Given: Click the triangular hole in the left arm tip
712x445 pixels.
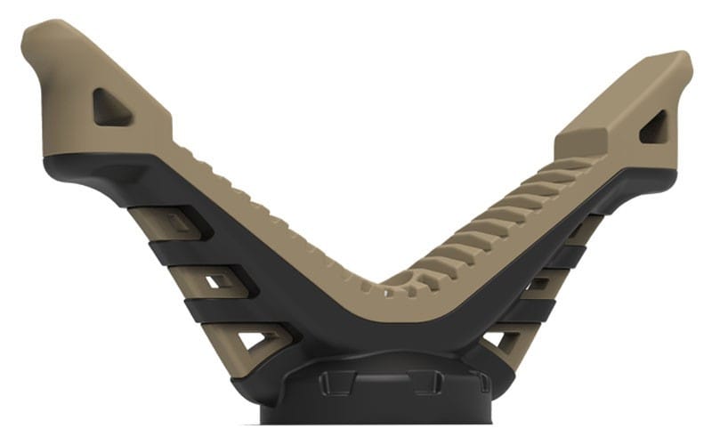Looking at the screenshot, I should (112, 107).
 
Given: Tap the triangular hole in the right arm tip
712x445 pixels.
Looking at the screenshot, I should (654, 127).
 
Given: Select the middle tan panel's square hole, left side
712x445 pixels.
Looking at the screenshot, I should (217, 282).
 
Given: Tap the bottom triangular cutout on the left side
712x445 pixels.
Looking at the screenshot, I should (253, 339).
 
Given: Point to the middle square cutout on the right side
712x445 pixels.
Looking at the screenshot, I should (539, 283).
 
